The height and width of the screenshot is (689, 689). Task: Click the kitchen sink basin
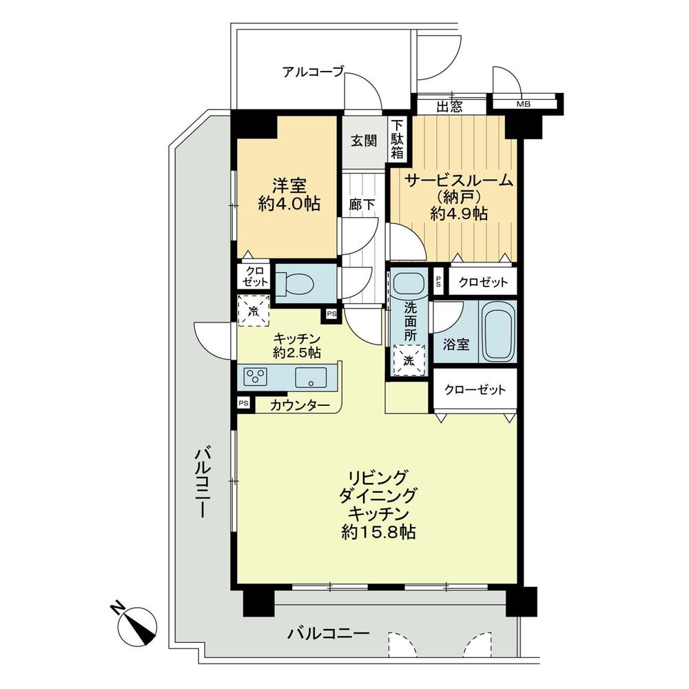[308, 377]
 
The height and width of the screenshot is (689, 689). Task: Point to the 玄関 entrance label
[363, 141]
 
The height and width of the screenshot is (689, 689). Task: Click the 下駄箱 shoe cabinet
[398, 140]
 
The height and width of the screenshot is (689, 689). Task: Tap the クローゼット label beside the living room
[475, 390]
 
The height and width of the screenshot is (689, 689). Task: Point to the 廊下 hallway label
[358, 205]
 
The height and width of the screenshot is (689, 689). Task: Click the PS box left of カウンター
[243, 404]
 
